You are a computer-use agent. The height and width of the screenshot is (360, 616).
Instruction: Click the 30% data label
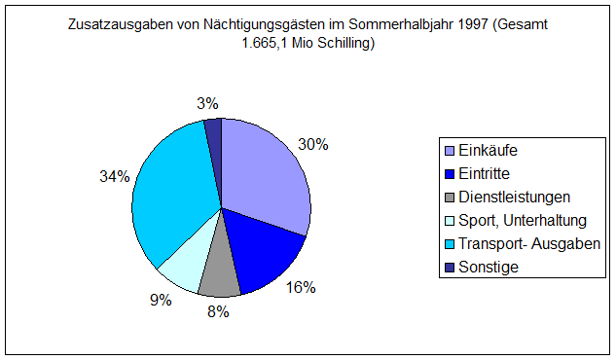[312, 144]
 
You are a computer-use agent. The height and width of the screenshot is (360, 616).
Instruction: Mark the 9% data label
[161, 300]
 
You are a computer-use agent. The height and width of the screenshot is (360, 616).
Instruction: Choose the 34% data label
[114, 176]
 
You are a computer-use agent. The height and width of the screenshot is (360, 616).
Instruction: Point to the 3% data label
[206, 103]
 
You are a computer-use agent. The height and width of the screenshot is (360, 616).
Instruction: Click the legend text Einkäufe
[488, 152]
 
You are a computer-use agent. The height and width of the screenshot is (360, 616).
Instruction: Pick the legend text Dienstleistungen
[514, 198]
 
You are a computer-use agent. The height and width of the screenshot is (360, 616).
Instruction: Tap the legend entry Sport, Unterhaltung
[522, 221]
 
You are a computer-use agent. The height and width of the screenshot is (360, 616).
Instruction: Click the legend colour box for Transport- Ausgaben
[449, 243]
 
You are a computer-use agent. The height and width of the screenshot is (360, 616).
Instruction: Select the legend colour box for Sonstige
[449, 267]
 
